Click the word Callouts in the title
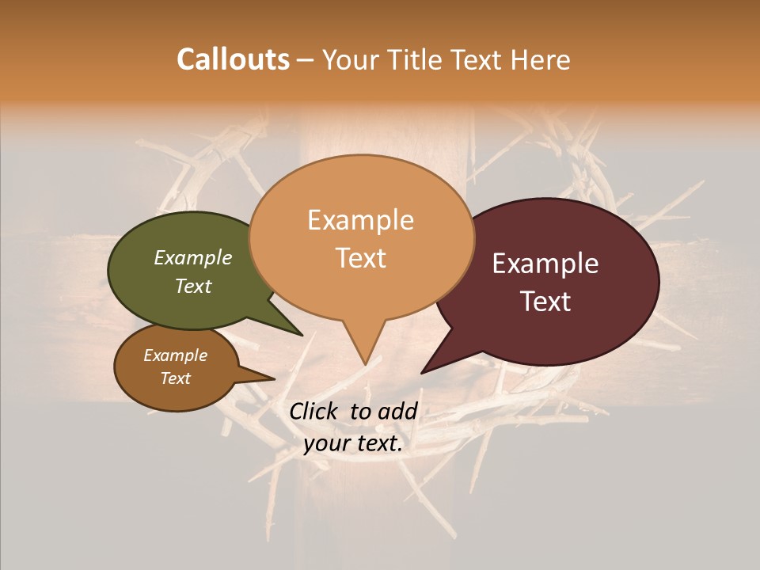tap(233, 59)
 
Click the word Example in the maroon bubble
tap(545, 264)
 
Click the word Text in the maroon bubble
tap(545, 302)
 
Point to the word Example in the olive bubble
tap(192, 258)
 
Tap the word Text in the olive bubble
tap(192, 286)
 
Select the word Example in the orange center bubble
tap(360, 220)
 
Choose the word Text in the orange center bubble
tap(360, 258)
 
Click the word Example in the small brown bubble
tap(175, 355)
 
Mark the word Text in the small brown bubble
tap(175, 378)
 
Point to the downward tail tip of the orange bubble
tap(365, 364)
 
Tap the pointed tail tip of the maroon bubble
tap(422, 372)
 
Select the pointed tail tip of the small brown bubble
tap(274, 379)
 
